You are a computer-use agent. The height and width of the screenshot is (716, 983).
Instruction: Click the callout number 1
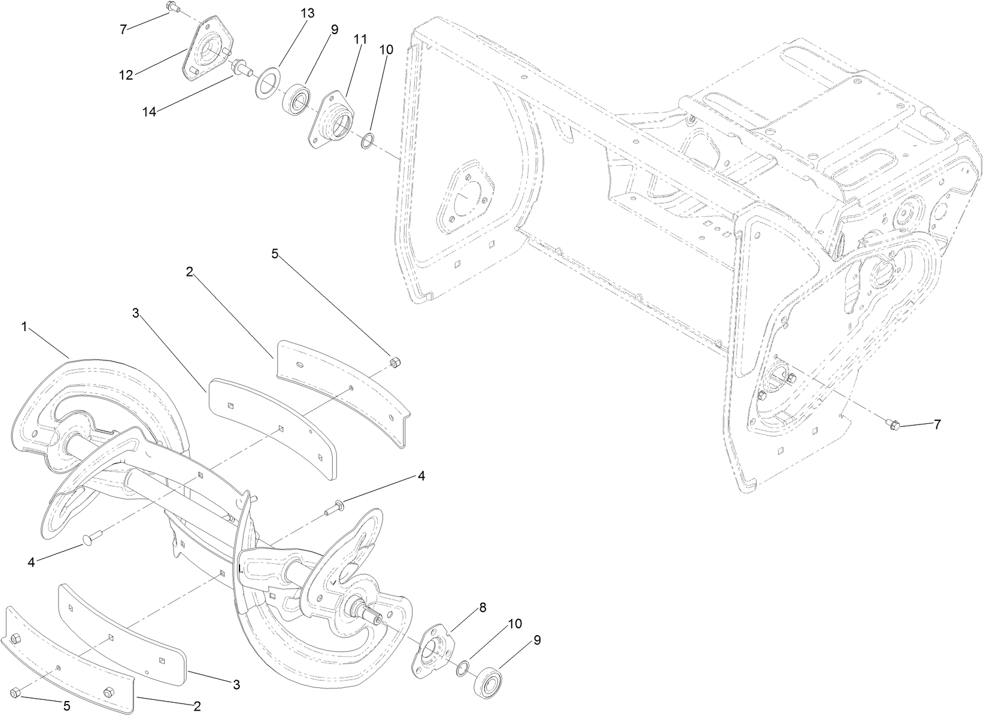coord(25,326)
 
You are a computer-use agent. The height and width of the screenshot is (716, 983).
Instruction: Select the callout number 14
coord(150,111)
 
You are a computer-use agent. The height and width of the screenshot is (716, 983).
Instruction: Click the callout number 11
coord(359,40)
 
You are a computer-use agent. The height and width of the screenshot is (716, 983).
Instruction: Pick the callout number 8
coord(482,607)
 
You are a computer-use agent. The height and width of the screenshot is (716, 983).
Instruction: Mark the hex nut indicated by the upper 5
coord(395,362)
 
